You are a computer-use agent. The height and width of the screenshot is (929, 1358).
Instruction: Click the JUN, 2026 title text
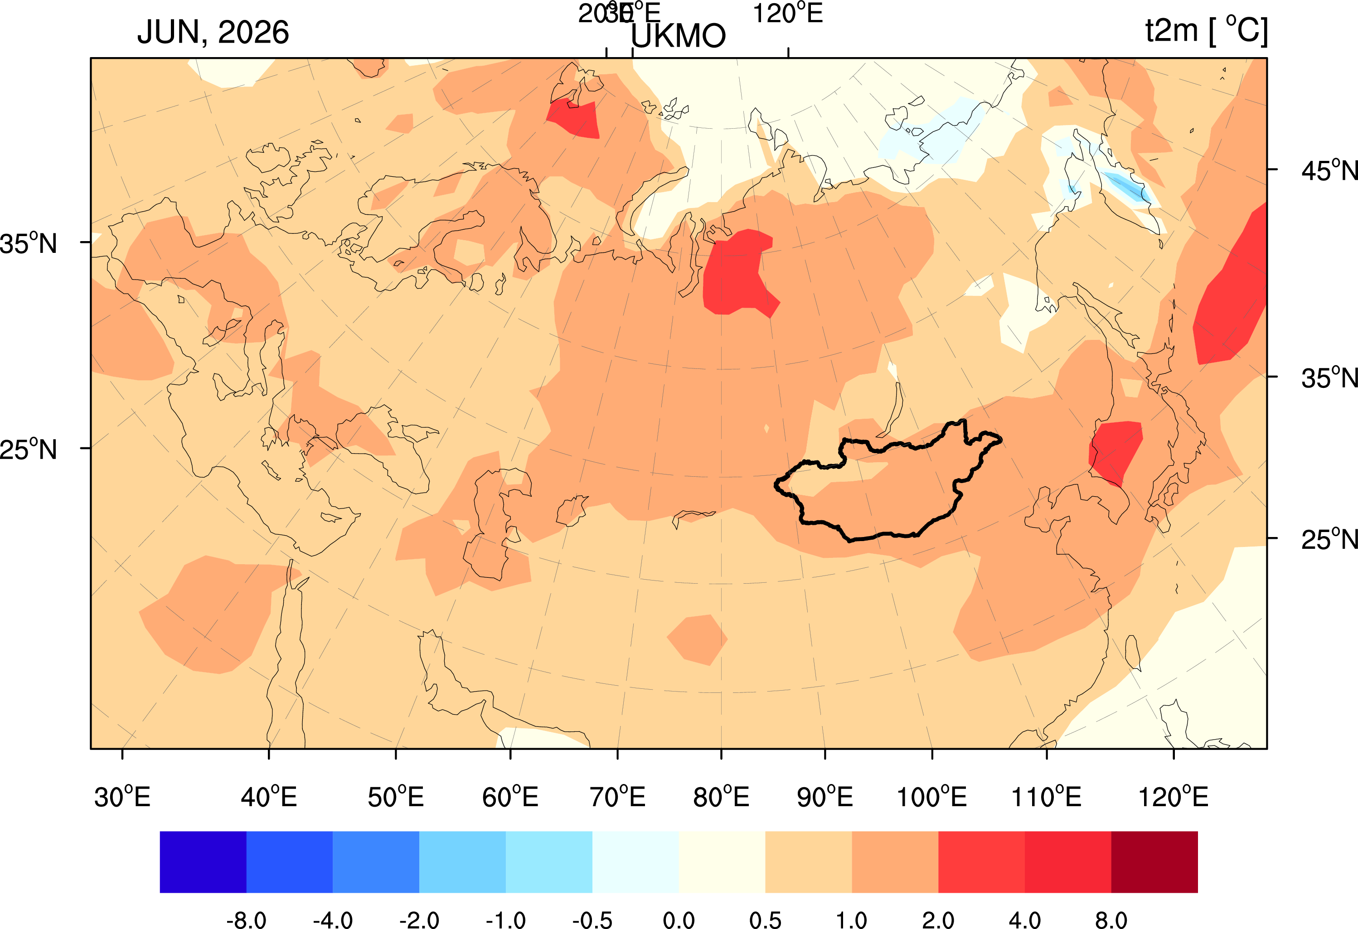click(x=213, y=32)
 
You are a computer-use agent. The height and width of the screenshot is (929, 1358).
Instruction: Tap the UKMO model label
click(x=678, y=36)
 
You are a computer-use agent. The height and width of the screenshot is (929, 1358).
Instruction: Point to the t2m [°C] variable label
click(x=1206, y=30)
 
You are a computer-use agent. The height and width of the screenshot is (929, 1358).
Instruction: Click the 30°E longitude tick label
click(x=122, y=797)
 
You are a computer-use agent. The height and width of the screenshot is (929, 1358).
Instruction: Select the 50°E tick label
click(x=396, y=797)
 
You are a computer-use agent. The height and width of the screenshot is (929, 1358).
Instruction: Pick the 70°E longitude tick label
click(x=618, y=797)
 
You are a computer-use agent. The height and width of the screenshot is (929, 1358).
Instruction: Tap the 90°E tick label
click(x=824, y=797)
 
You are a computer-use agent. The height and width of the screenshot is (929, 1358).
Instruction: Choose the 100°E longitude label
click(x=931, y=797)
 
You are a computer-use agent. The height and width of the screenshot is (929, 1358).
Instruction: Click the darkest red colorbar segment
click(x=1154, y=862)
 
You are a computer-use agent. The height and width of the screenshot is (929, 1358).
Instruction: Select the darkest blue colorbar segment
click(x=203, y=862)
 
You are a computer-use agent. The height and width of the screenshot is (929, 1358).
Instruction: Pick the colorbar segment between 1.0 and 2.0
click(x=895, y=862)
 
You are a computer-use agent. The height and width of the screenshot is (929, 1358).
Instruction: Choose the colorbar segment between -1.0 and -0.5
click(x=549, y=862)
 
